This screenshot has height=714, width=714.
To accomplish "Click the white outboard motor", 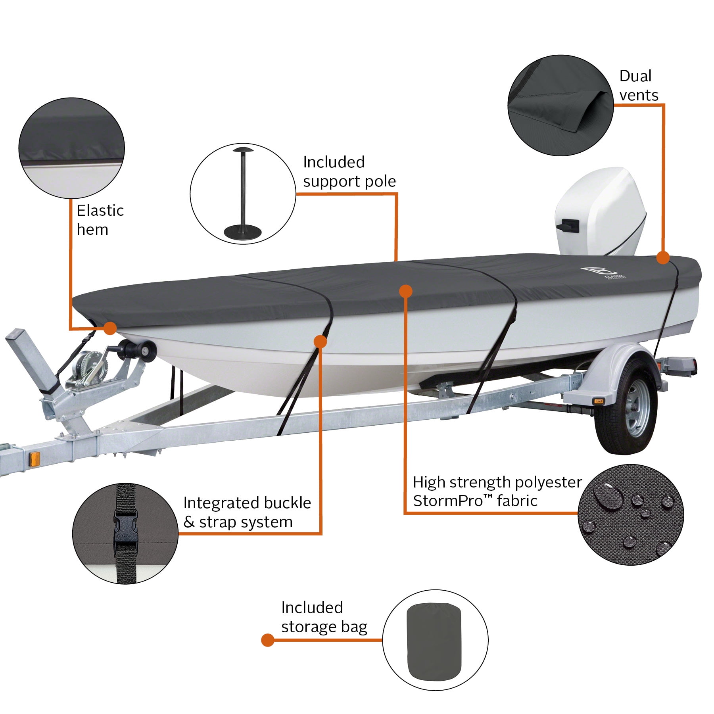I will pos(599,214).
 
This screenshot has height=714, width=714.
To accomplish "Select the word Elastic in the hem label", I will pos(100,211).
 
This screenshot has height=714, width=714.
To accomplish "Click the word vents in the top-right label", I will pos(639,95).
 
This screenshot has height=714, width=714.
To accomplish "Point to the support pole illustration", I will pos(243,194).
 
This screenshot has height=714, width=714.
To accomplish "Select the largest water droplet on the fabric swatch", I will pos(607,495).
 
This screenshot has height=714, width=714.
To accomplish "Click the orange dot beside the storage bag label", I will pos(268,640).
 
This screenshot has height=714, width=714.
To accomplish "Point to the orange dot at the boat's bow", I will pos(110,328).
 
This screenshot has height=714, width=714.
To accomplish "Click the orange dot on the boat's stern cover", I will pos(662,257).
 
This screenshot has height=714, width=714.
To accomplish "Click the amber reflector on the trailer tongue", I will pos(35,459).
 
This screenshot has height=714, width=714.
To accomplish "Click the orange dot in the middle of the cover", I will pos(405,291).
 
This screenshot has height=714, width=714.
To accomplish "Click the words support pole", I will pos(349,181).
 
